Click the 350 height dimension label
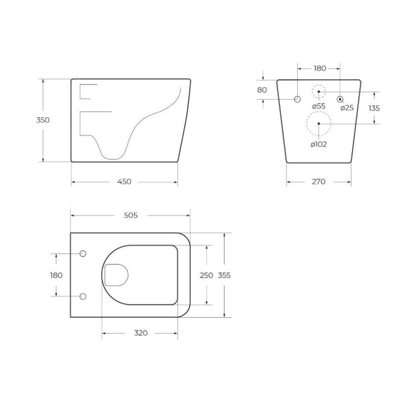43,120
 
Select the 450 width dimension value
124,182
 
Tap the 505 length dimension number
131,215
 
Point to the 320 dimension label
141,333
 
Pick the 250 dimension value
207,275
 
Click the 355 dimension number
224,275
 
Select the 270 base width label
319,182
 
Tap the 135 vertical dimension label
374,108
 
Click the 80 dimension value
262,90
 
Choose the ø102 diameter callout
319,145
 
